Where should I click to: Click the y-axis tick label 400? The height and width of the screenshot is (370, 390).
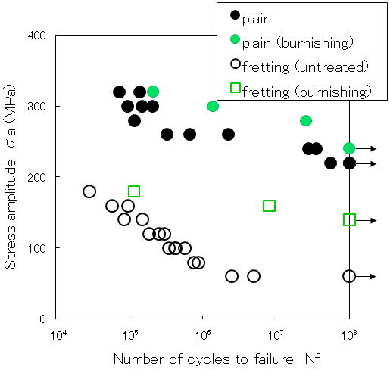(37, 36)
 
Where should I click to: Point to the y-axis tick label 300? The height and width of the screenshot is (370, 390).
(37, 107)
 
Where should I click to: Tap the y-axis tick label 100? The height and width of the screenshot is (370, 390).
(37, 248)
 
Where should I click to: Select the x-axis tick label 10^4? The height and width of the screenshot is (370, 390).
(59, 335)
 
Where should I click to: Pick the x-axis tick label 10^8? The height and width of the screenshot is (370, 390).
(350, 335)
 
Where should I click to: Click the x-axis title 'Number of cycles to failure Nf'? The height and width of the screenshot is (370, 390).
(217, 359)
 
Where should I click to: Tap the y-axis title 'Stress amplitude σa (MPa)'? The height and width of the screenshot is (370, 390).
(10, 176)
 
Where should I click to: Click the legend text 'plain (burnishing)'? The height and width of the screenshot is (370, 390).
(298, 43)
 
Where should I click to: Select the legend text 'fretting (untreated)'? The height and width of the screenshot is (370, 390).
(305, 67)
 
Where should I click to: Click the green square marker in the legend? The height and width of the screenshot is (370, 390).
(236, 88)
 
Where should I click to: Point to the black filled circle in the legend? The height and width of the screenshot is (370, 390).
(235, 15)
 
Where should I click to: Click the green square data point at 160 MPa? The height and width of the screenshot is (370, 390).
(269, 206)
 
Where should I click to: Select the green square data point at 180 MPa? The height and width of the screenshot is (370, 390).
(134, 191)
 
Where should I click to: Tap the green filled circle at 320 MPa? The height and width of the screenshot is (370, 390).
(153, 92)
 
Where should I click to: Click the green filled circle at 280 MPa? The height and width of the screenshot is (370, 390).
(306, 121)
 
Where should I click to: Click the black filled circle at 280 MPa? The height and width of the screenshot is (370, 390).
(134, 121)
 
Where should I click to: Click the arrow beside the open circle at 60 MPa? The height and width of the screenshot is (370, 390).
(366, 276)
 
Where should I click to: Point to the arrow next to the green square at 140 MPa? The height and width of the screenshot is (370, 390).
(366, 220)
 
